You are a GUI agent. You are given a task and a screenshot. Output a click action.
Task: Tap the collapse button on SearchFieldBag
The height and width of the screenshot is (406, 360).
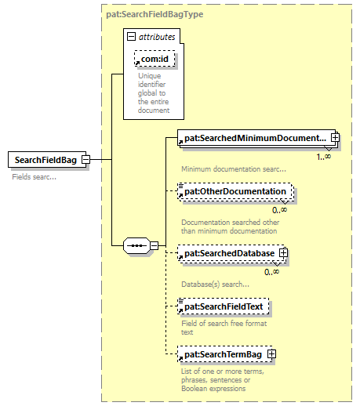tap(85, 159)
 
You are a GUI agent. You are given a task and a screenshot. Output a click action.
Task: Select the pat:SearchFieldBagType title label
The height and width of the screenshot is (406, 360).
tap(155, 14)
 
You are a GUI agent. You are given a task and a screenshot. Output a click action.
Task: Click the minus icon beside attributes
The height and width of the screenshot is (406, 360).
tap(131, 37)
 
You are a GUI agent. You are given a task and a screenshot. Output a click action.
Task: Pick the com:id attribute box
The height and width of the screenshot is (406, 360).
tap(155, 59)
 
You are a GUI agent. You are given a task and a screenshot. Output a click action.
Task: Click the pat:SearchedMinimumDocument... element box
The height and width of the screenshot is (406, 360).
tap(256, 138)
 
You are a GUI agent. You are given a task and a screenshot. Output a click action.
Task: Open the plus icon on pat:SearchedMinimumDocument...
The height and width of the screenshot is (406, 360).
tap(335, 137)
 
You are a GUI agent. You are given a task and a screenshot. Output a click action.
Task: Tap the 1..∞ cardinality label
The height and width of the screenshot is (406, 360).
tap(323, 157)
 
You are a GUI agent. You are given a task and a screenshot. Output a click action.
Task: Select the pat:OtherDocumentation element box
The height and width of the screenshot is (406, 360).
tap(235, 192)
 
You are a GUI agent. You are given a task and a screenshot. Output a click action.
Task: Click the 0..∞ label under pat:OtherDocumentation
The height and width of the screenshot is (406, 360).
tap(279, 210)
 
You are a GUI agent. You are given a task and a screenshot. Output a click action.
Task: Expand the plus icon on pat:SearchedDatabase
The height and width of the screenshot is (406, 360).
tap(283, 253)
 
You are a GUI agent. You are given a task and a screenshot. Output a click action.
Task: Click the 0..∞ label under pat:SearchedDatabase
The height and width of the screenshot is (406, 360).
tap(271, 272)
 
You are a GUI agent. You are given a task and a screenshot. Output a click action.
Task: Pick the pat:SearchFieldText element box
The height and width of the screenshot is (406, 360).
tap(223, 306)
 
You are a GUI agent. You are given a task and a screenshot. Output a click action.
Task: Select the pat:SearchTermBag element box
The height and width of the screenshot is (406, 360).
tap(225, 354)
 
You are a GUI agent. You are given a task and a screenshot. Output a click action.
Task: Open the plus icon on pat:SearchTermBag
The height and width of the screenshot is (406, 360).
tap(271, 354)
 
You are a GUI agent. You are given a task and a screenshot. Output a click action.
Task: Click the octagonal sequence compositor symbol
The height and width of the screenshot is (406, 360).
tap(136, 245)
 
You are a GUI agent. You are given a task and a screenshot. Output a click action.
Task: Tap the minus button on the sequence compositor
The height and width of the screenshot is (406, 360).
tap(155, 245)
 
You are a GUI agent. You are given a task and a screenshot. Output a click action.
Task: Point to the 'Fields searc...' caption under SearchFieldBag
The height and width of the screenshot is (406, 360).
tap(34, 177)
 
